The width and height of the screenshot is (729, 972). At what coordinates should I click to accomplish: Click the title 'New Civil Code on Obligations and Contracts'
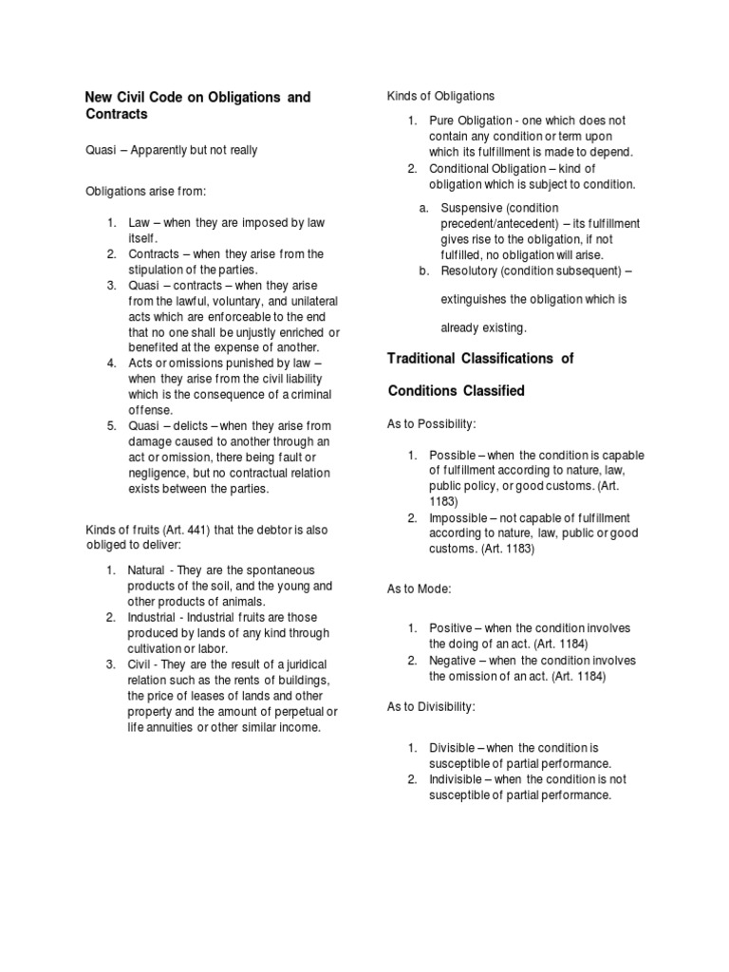click(197, 105)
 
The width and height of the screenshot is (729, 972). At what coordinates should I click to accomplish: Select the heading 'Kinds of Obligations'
click(439, 96)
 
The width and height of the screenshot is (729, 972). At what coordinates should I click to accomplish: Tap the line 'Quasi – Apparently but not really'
click(171, 150)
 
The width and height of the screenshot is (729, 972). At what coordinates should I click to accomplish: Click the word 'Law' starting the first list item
click(139, 222)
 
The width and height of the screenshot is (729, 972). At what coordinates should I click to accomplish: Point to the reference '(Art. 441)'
click(183, 530)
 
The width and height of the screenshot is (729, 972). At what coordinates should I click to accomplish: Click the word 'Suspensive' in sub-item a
click(473, 207)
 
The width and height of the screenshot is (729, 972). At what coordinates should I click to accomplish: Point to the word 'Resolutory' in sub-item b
click(473, 271)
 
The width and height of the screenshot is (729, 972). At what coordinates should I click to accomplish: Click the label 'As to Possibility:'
click(432, 422)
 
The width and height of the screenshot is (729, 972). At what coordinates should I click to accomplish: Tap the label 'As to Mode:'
click(419, 589)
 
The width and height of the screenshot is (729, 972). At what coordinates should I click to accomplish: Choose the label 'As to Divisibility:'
click(431, 707)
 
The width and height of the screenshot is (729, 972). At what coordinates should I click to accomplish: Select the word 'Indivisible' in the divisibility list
click(457, 779)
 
